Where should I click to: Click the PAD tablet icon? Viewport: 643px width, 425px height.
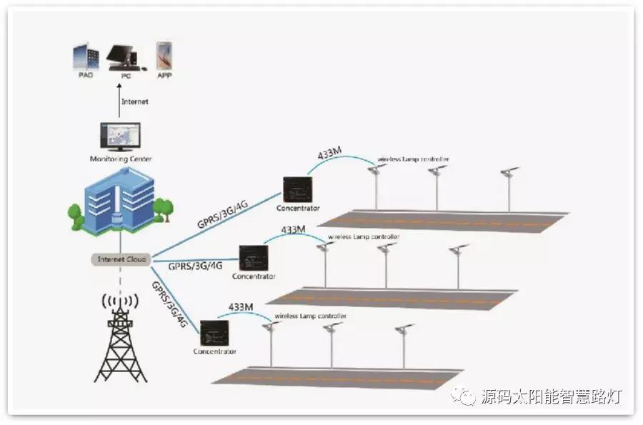[85, 57]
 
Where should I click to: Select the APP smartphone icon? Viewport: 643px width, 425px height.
[165, 56]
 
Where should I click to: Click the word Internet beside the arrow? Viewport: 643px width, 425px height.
[135, 101]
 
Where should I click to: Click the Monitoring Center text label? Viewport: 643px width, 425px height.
[120, 159]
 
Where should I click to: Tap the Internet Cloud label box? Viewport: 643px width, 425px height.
[120, 259]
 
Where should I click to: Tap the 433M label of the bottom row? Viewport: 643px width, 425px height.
[241, 307]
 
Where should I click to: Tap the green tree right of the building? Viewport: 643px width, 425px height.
[164, 209]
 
